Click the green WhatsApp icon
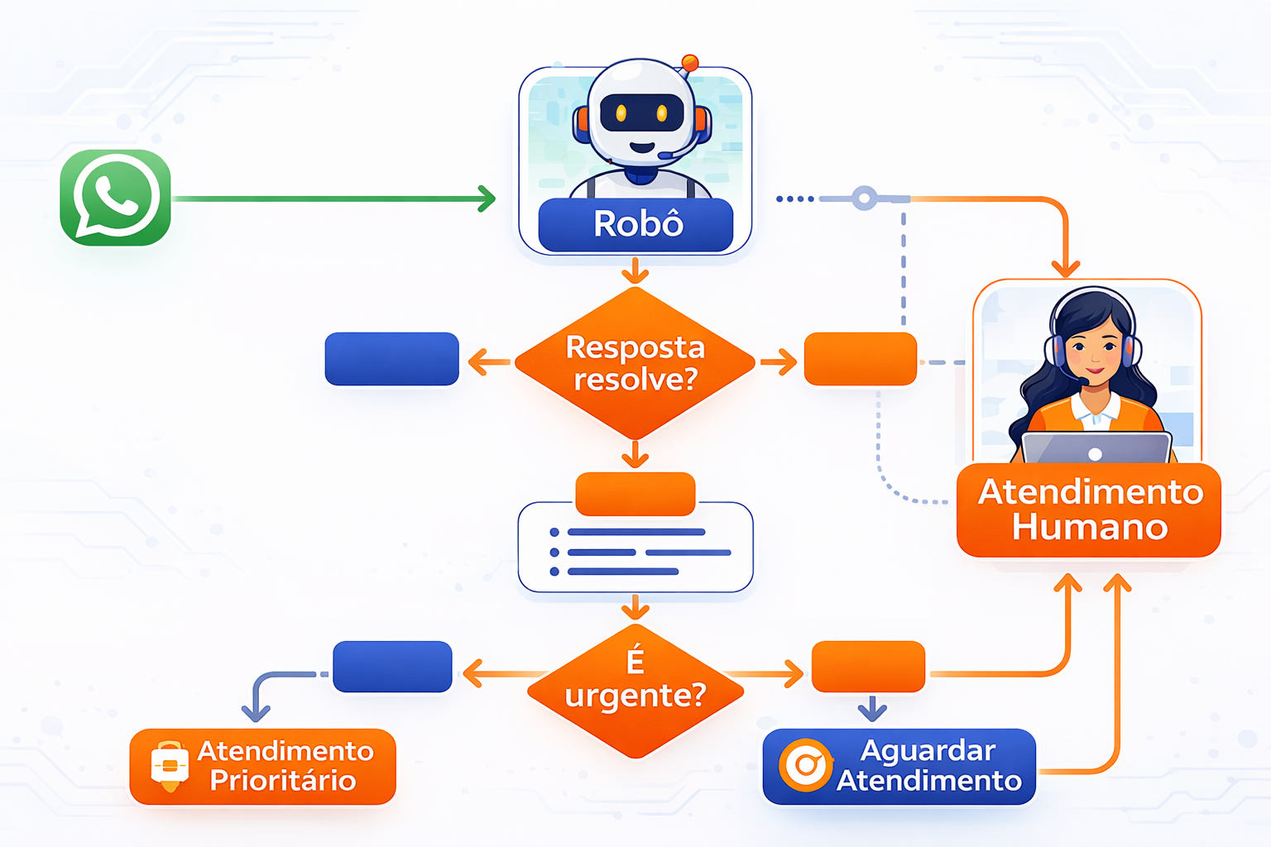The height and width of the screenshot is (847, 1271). (x=115, y=198)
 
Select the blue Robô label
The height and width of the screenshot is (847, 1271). (x=635, y=224)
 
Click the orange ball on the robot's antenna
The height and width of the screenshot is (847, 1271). (x=689, y=62)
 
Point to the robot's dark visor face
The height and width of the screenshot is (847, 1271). (x=641, y=113)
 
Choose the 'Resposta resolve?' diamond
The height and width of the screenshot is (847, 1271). (x=635, y=362)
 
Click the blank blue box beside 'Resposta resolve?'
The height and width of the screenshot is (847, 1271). (x=391, y=359)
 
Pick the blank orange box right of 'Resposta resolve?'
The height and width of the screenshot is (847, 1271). (x=861, y=359)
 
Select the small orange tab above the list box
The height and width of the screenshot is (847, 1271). (x=635, y=493)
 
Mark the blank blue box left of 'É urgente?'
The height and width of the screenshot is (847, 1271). (x=392, y=667)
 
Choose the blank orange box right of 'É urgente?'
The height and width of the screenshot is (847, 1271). (x=868, y=667)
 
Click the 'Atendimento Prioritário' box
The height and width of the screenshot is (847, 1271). (x=262, y=766)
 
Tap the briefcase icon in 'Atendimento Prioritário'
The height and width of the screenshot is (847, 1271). (x=170, y=765)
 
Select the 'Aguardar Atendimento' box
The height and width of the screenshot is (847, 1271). (x=899, y=766)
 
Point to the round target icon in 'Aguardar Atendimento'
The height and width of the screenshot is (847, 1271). (x=805, y=765)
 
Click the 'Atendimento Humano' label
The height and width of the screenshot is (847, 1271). (x=1089, y=510)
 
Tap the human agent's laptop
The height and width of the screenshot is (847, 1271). (x=1096, y=447)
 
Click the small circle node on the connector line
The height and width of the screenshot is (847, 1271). (x=864, y=199)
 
